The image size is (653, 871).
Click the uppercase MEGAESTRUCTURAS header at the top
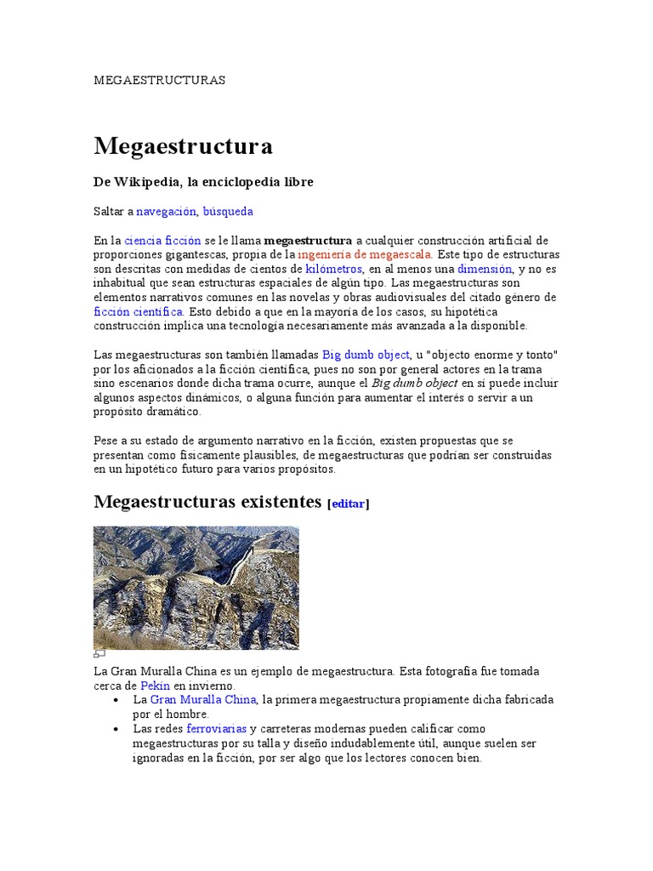click(x=159, y=80)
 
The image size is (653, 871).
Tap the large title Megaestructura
click(x=183, y=145)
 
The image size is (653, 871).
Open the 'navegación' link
click(x=167, y=211)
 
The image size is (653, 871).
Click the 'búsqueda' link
click(x=228, y=211)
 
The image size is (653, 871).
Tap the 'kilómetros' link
click(x=334, y=269)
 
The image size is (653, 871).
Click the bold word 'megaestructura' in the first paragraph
click(x=308, y=241)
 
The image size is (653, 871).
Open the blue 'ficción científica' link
click(x=139, y=311)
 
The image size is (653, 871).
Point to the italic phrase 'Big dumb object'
click(x=415, y=383)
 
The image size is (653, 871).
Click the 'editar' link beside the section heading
click(x=349, y=504)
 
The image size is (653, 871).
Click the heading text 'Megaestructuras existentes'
click(x=207, y=501)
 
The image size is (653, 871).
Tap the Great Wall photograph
click(x=196, y=587)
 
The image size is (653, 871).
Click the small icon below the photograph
click(x=99, y=654)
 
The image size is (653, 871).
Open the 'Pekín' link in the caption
click(x=156, y=685)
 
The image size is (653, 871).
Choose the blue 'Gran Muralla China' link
click(x=202, y=699)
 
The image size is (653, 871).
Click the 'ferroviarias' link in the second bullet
click(x=218, y=729)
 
